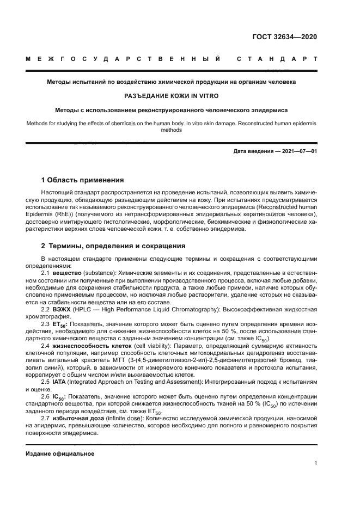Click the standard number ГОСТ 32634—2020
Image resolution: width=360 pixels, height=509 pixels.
284,37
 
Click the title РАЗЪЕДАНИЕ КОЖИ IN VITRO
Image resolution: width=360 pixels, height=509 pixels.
172,96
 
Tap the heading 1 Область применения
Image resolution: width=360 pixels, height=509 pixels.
83,180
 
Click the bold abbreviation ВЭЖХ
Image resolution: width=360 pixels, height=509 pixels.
62,309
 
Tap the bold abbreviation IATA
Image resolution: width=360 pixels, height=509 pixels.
60,381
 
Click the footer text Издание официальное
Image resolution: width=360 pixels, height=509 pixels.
60,453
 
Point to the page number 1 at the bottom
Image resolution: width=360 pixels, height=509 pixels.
315,463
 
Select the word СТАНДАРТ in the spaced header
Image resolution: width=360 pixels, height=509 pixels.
276,59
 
